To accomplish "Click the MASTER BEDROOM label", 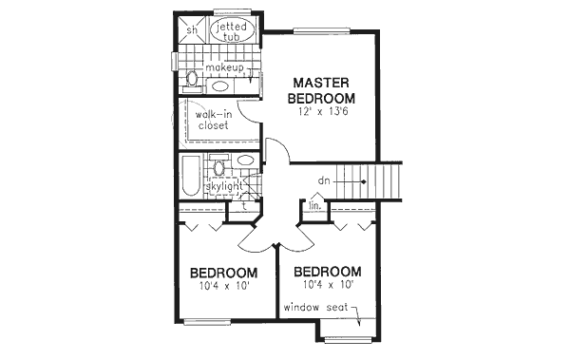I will [322, 90].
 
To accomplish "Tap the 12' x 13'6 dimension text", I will [322, 112].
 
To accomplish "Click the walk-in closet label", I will [214, 120].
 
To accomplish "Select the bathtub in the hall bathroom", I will [190, 178].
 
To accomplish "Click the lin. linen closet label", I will [313, 204].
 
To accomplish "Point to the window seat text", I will [320, 308].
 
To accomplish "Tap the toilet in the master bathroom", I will [191, 78].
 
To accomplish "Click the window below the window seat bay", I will [347, 340].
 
